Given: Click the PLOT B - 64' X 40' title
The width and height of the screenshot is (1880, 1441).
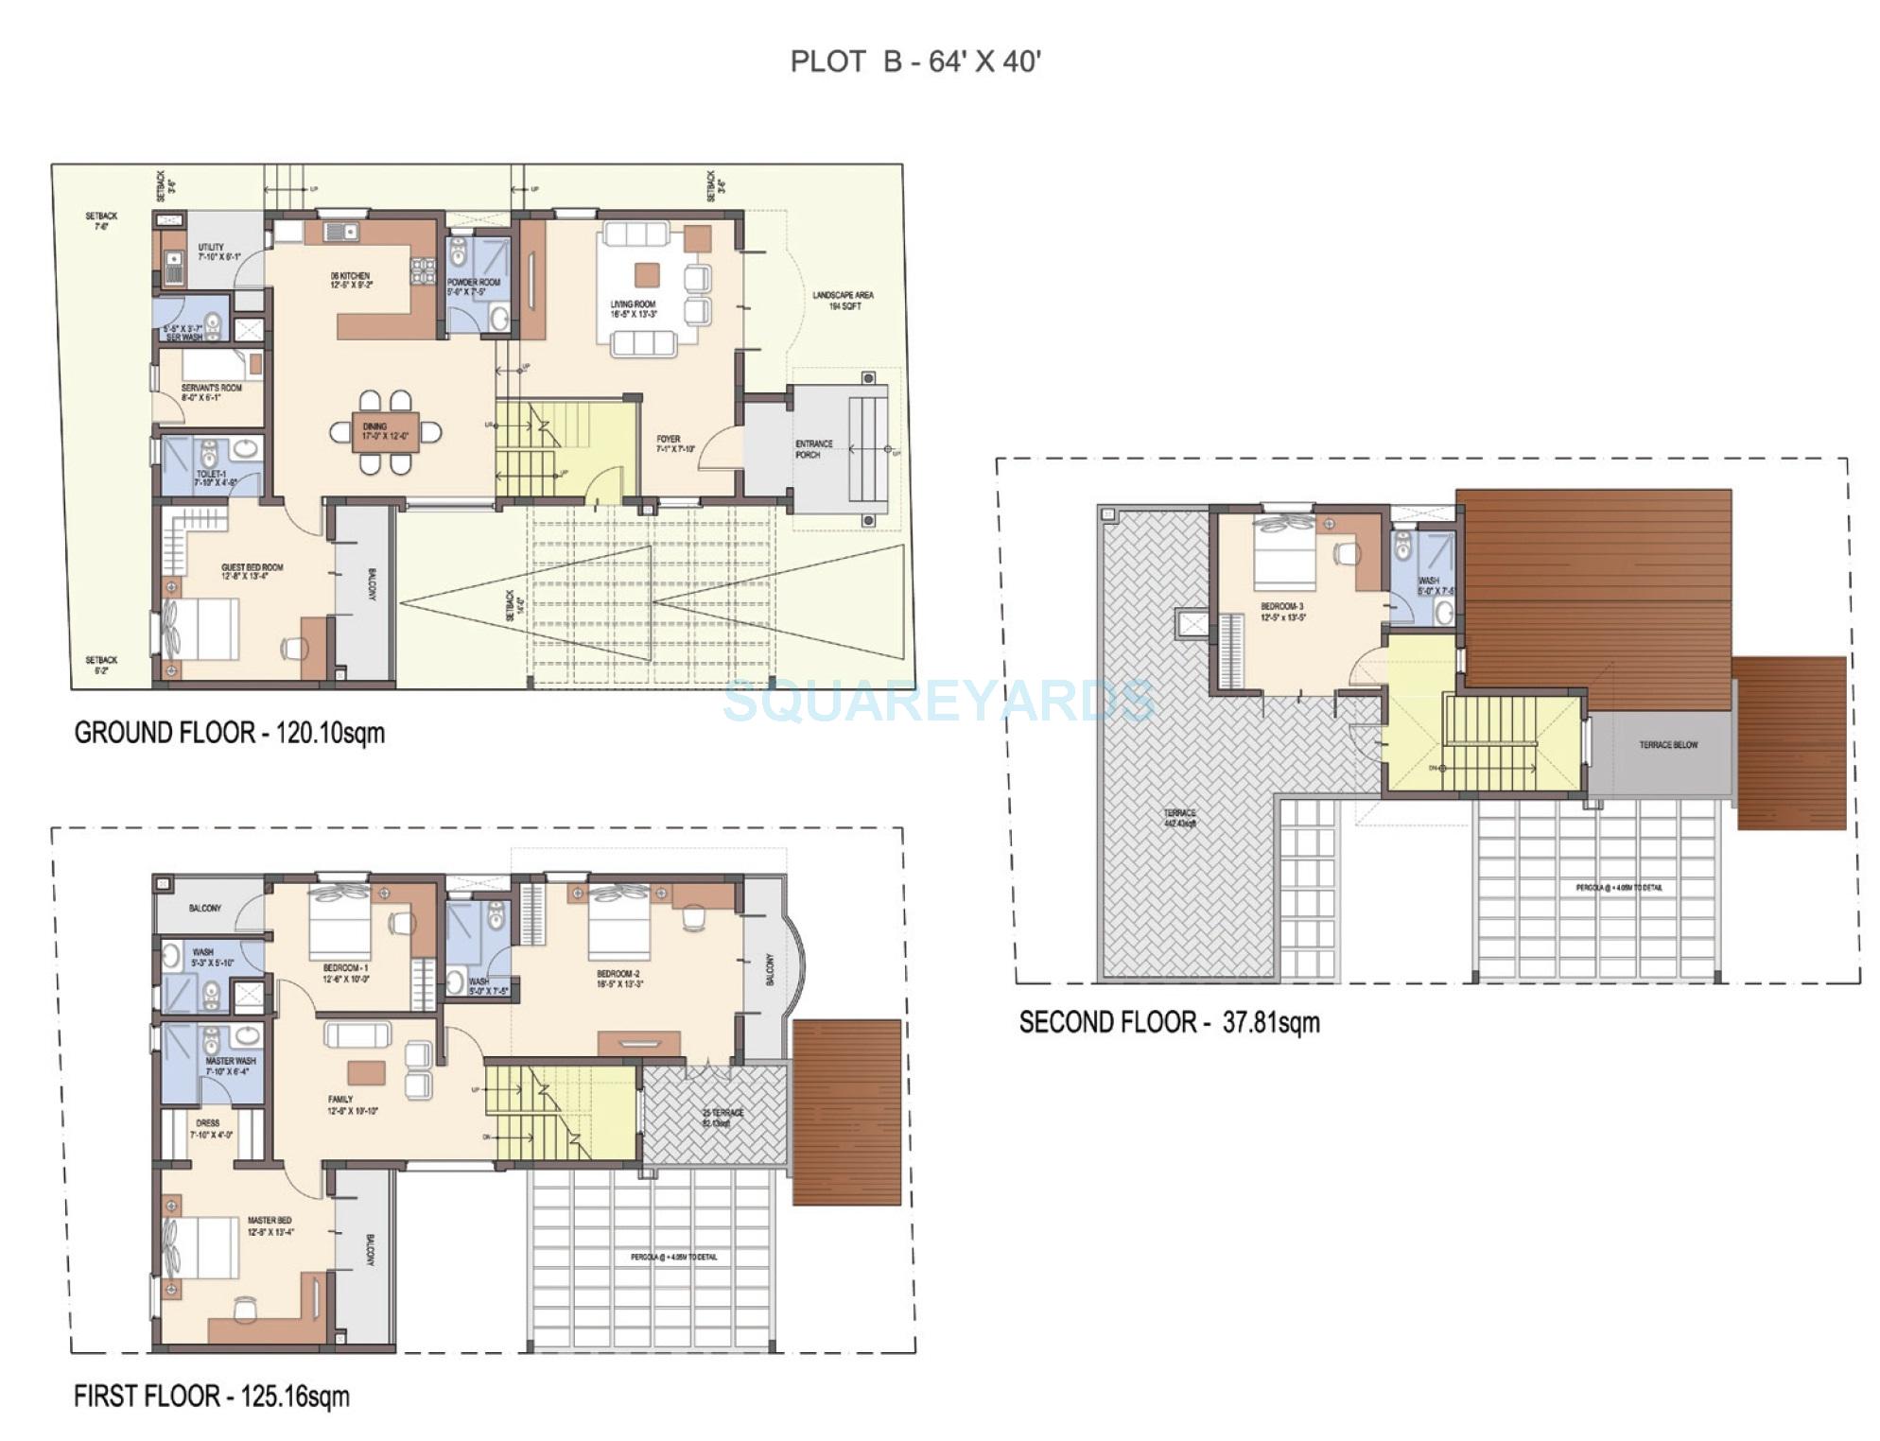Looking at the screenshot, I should click(915, 62).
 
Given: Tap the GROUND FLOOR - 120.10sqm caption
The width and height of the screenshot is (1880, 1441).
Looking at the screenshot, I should click(230, 733).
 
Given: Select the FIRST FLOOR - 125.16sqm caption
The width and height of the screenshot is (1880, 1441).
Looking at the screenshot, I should click(212, 1397).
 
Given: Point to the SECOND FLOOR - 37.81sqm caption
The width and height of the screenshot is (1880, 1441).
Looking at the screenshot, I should click(1169, 1022).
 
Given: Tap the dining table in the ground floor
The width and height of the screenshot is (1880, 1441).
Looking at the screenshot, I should click(386, 432).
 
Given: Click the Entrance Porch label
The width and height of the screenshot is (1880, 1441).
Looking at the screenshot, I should click(813, 449).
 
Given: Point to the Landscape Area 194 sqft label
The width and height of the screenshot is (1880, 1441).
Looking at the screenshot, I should click(843, 301).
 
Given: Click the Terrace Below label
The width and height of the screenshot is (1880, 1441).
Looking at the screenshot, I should click(1668, 745).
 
